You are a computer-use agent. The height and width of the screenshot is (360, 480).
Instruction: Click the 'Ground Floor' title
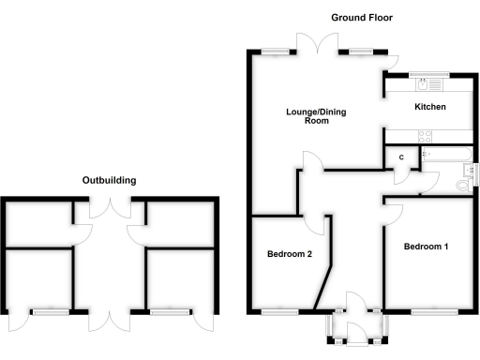[x=361, y=18]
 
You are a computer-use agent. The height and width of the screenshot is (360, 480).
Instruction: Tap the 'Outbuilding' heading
[x=109, y=179]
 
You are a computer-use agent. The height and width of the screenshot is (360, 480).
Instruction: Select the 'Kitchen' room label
[x=430, y=107]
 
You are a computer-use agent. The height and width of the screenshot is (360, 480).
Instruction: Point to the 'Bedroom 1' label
[x=427, y=247]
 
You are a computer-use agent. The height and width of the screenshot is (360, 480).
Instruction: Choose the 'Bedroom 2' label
[x=290, y=254]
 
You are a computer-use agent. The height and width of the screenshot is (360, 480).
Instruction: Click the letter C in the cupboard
[x=401, y=157]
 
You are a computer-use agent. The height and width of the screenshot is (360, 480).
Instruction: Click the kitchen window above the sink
[x=430, y=74]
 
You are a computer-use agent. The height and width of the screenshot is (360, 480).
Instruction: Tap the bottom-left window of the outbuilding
[x=50, y=310]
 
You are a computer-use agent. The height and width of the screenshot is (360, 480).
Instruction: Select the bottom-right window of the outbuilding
[x=168, y=310]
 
